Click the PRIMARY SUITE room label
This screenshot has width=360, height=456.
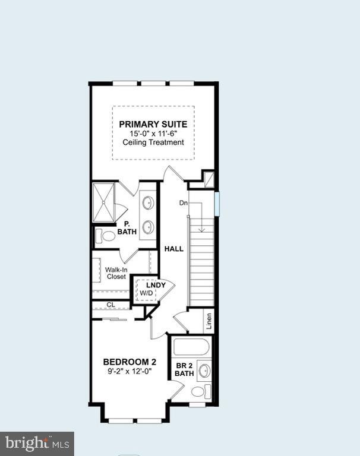click(x=153, y=124)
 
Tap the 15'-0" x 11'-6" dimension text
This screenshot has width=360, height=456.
click(x=153, y=134)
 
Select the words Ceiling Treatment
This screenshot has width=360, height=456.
click(x=153, y=142)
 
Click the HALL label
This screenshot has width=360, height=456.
click(x=174, y=249)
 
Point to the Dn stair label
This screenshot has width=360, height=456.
click(x=184, y=203)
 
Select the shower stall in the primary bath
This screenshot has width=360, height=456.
click(x=105, y=202)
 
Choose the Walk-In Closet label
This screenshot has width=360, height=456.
click(x=116, y=273)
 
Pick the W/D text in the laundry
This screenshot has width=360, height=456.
click(x=146, y=293)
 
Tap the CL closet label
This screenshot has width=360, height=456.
click(x=111, y=305)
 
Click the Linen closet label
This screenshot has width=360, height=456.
click(x=209, y=322)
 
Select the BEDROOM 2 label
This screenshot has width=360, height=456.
click(x=129, y=362)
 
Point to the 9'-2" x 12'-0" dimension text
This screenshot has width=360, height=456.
click(x=129, y=372)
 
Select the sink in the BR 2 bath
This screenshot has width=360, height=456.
click(x=204, y=370)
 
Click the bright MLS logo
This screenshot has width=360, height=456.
click(x=37, y=443)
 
